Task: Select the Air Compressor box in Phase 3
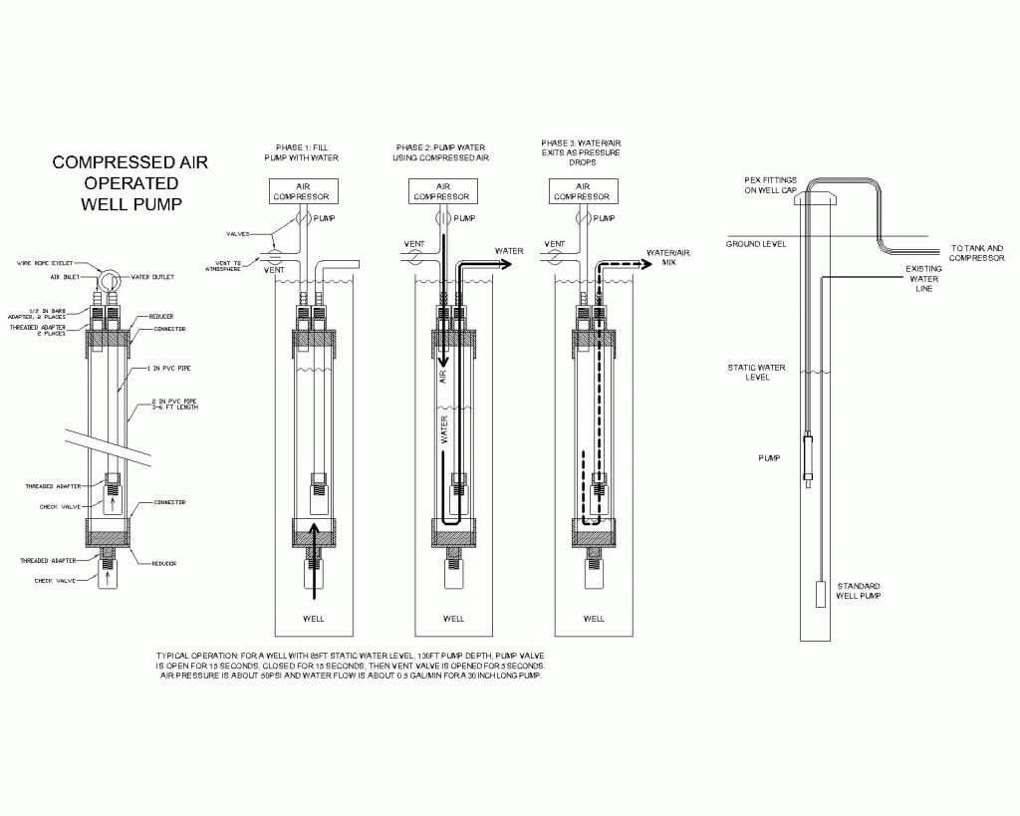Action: [582, 190]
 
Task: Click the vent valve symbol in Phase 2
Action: [416, 255]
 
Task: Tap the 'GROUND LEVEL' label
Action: [756, 244]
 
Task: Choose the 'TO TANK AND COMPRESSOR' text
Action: [977, 253]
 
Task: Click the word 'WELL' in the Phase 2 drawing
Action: [453, 619]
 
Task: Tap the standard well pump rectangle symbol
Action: [819, 595]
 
